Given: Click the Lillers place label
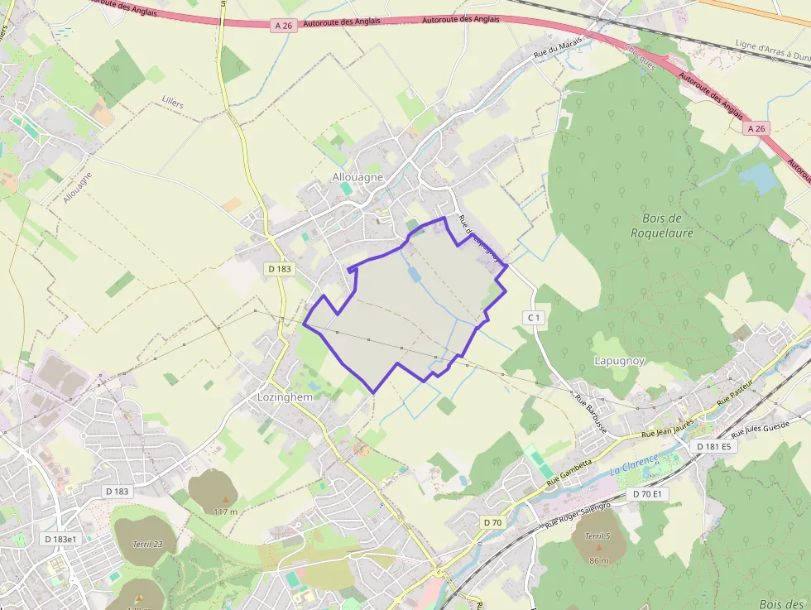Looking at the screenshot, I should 169,105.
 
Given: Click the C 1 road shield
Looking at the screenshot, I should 534,317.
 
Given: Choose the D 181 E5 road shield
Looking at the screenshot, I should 714,447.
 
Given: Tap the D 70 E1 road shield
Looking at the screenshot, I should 648,494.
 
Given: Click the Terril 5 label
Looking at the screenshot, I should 597,536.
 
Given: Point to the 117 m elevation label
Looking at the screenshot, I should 225,512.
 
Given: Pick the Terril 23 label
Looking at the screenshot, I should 147,544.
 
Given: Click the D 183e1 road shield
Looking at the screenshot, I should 60,539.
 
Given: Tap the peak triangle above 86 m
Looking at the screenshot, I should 598,548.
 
